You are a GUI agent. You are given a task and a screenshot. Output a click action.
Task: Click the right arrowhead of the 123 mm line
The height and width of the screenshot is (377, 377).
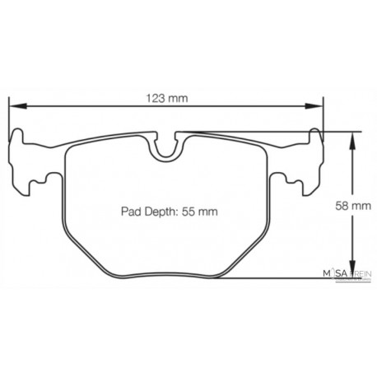click(317, 107)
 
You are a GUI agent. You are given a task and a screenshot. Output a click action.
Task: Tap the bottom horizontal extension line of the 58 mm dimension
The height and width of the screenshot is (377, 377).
click(313, 277)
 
